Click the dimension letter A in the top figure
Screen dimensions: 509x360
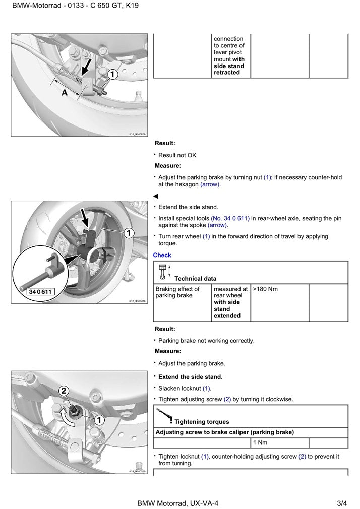coord(65,93)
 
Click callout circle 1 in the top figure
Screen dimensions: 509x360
coord(113,75)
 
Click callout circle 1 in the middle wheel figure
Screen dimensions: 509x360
coord(129,233)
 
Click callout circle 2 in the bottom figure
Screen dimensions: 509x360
coord(64,390)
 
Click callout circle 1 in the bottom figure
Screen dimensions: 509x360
coord(99,419)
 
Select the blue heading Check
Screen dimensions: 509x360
coord(162,256)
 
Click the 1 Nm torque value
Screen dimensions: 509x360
coord(260,442)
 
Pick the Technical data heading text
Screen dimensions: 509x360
coord(195,279)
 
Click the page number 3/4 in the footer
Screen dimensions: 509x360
coord(342,503)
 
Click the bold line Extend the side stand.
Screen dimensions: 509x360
coord(190,377)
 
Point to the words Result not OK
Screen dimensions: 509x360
coord(177,155)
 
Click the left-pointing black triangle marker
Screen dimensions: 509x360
coord(156,196)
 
